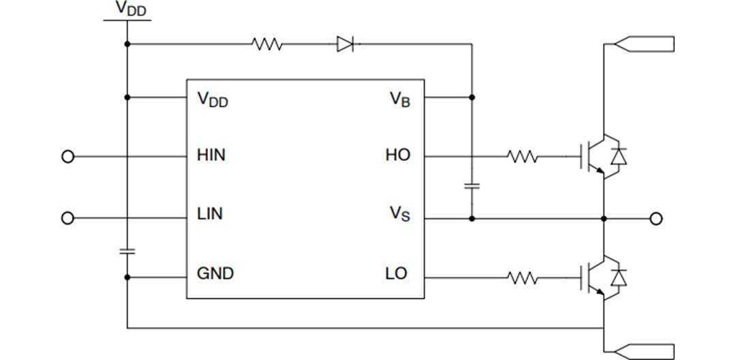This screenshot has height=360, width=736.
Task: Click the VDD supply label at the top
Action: [130, 10]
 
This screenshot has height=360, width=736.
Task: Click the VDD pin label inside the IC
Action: [213, 100]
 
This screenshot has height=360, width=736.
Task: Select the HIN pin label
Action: [211, 155]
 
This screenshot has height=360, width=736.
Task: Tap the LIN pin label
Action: [209, 214]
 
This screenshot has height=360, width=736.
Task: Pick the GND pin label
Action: [215, 273]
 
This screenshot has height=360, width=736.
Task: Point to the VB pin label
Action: [400, 100]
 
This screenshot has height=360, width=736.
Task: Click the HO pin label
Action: [398, 155]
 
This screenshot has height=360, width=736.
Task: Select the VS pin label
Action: [400, 215]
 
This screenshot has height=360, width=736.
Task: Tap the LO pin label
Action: [396, 273]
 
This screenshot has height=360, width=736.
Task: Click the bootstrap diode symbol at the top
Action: [346, 45]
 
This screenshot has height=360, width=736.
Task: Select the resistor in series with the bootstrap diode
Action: [267, 45]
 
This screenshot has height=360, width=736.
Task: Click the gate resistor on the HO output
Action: [523, 157]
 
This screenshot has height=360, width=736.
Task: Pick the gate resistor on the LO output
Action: [523, 278]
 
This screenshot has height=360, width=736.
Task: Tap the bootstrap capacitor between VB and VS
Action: [472, 185]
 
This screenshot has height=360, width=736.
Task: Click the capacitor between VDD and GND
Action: [127, 251]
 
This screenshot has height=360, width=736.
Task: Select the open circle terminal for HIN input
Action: [67, 157]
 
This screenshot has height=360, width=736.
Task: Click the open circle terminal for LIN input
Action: [67, 218]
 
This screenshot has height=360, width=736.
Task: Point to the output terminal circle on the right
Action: [656, 219]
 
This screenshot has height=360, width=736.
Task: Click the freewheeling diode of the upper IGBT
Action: [618, 157]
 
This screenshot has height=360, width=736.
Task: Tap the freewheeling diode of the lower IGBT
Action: [618, 277]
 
